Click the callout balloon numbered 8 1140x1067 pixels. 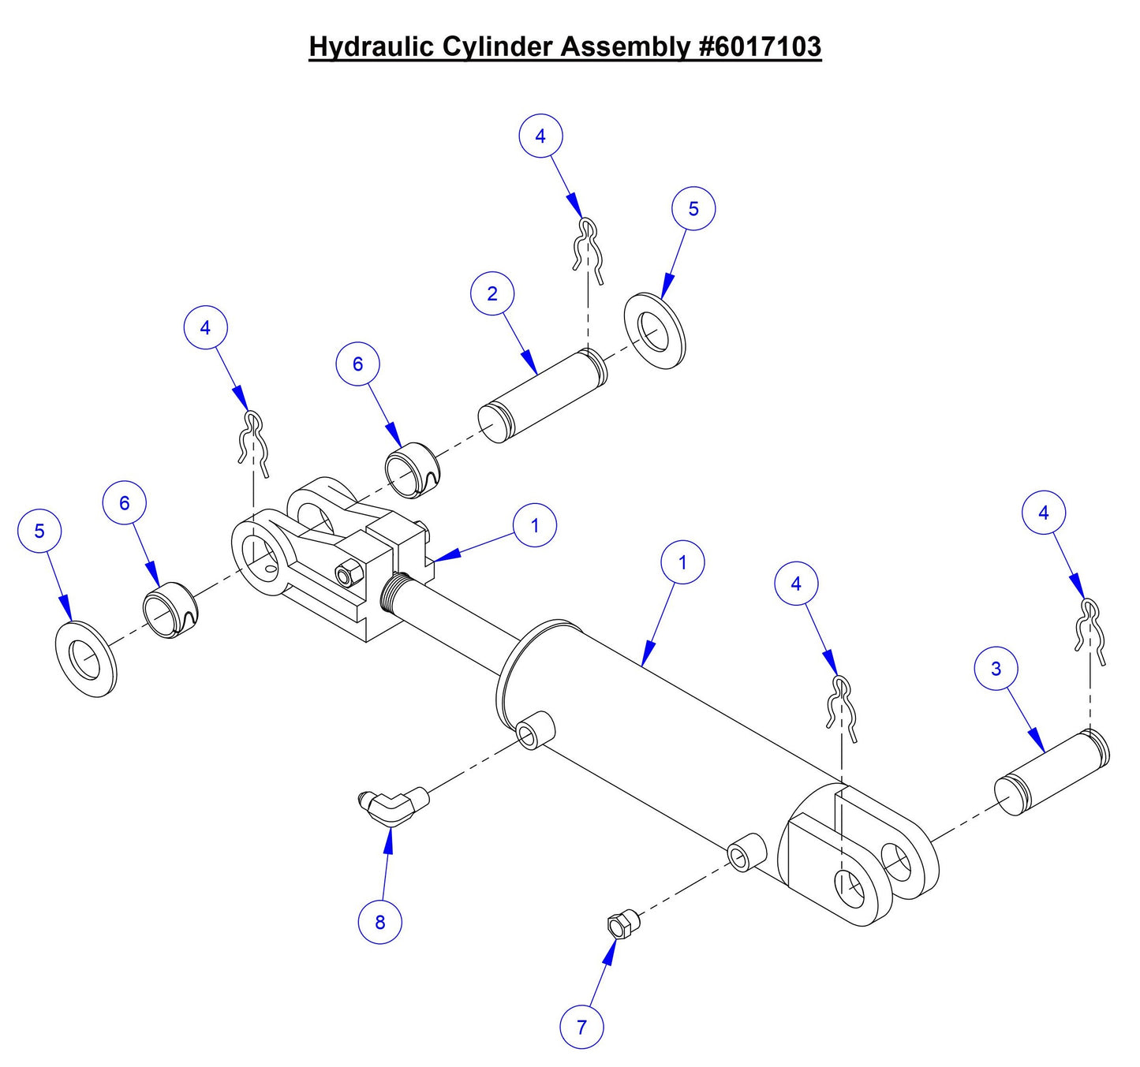point(379,921)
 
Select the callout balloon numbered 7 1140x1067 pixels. point(581,1027)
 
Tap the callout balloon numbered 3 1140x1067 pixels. point(996,669)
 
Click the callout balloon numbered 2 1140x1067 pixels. point(492,293)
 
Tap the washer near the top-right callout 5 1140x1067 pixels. point(655,331)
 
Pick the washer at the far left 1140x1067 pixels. point(86,658)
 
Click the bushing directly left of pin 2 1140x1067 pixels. point(412,472)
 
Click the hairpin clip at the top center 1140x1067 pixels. point(587,250)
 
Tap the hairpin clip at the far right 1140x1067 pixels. point(1090,628)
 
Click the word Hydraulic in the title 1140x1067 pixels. point(370,47)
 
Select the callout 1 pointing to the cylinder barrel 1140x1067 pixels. point(682,562)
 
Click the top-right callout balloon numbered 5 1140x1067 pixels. point(693,209)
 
